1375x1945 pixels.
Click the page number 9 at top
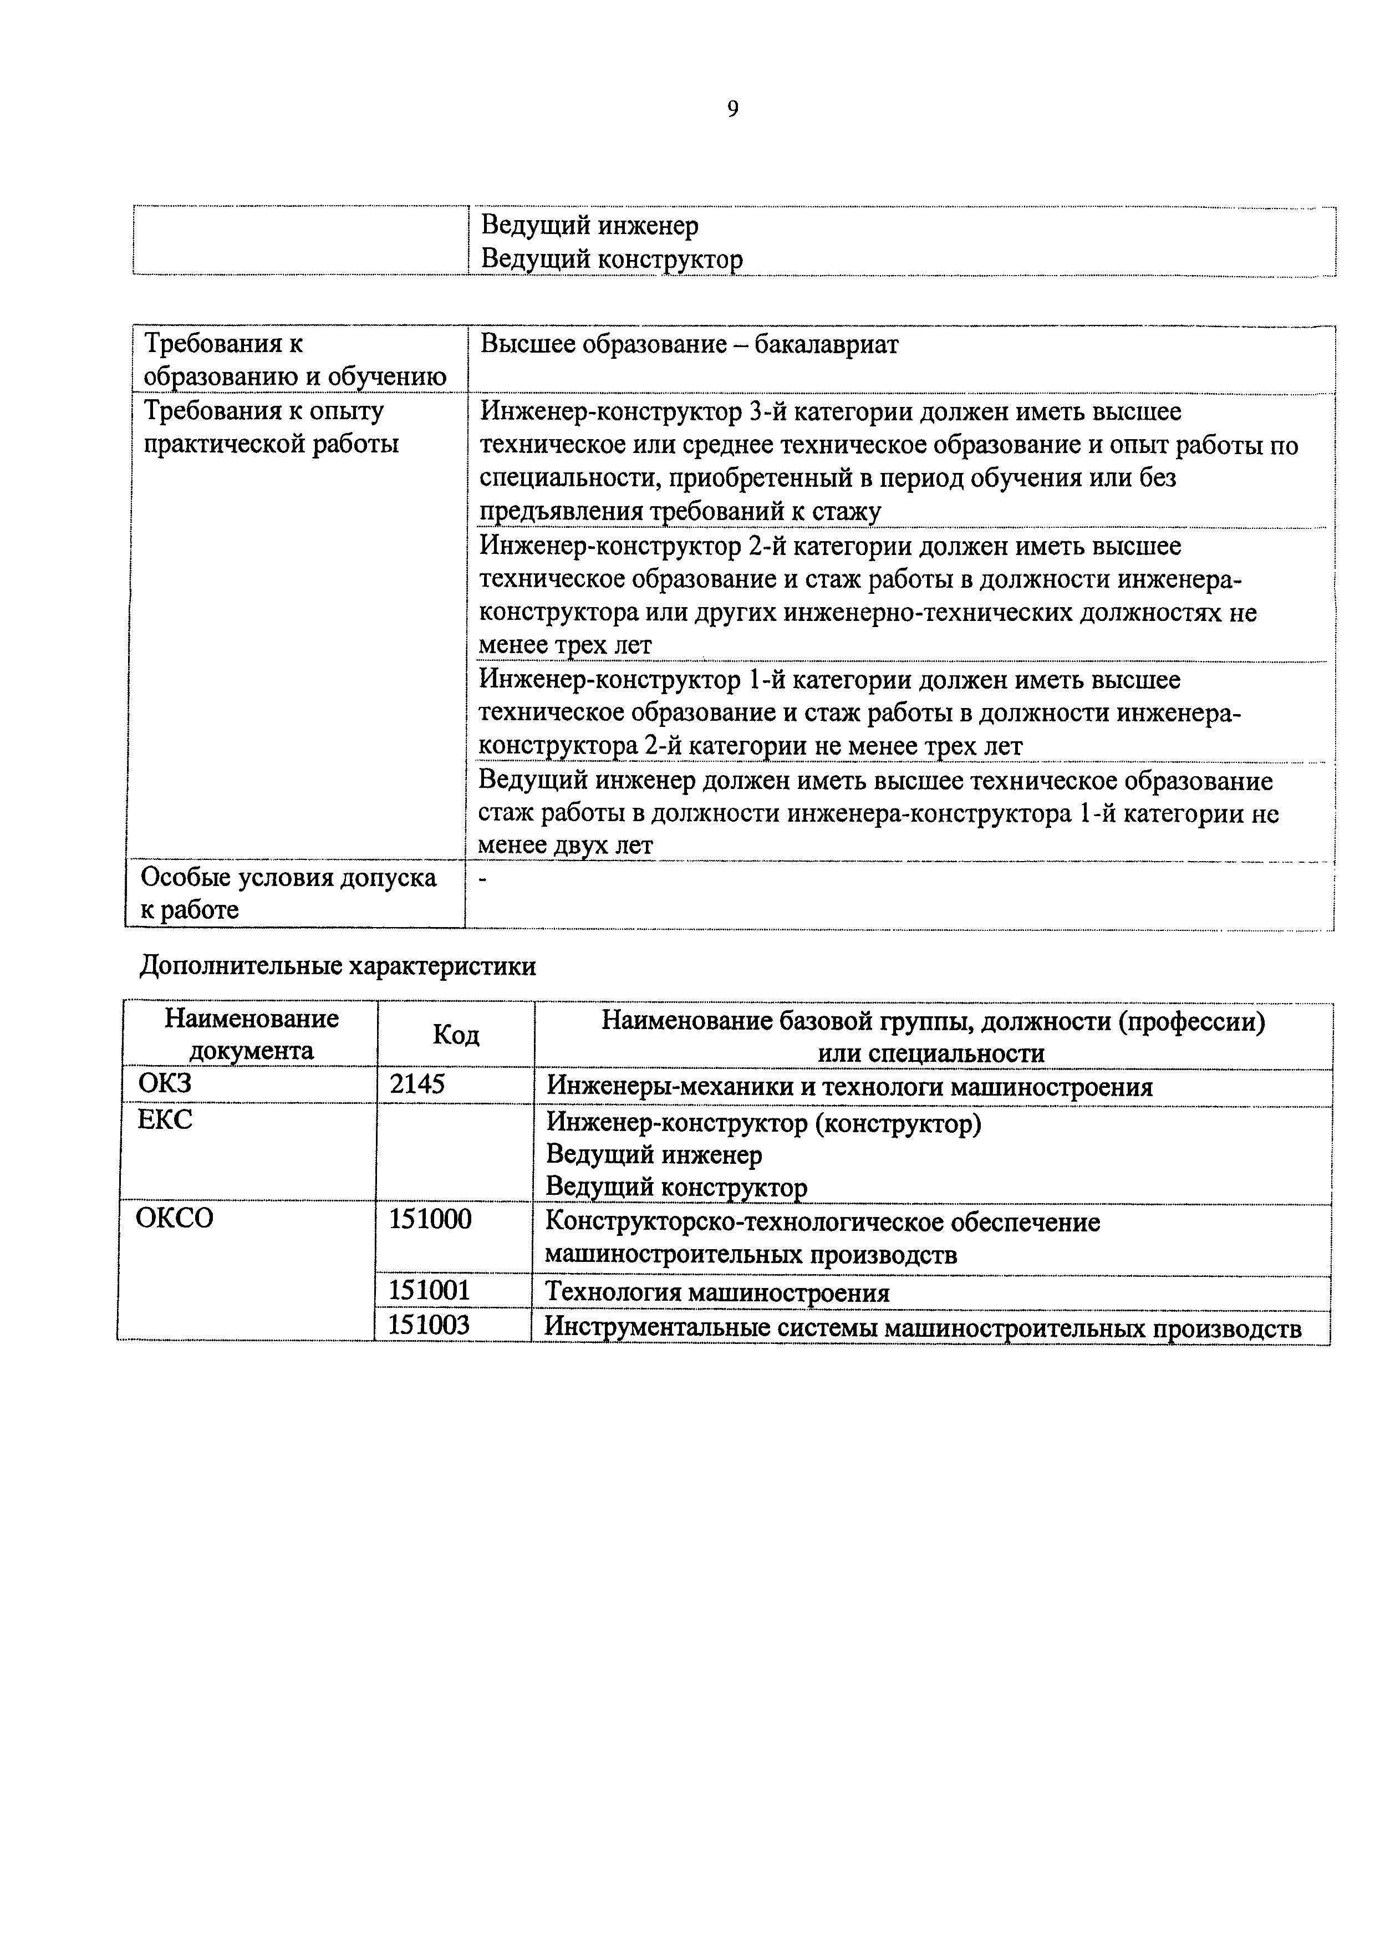(x=733, y=109)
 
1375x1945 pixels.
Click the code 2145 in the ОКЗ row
(x=417, y=1084)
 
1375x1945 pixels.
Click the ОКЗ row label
(x=165, y=1084)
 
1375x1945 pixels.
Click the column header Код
(x=456, y=1035)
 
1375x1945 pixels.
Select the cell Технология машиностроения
(x=717, y=1293)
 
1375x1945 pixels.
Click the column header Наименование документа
(x=252, y=1035)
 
